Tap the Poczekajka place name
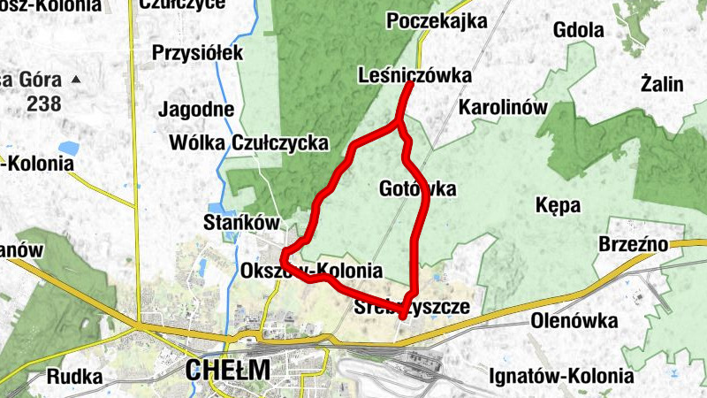pos(437,21)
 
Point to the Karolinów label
pos(504,108)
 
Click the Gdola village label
pos(578,31)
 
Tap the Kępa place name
pos(559,206)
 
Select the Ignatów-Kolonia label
pos(561,376)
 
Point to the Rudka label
pos(74,376)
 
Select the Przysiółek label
pos(197,53)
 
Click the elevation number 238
pos(44,103)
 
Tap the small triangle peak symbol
pos(76,80)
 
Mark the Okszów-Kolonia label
pos(311,271)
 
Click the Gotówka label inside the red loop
pos(417,188)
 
